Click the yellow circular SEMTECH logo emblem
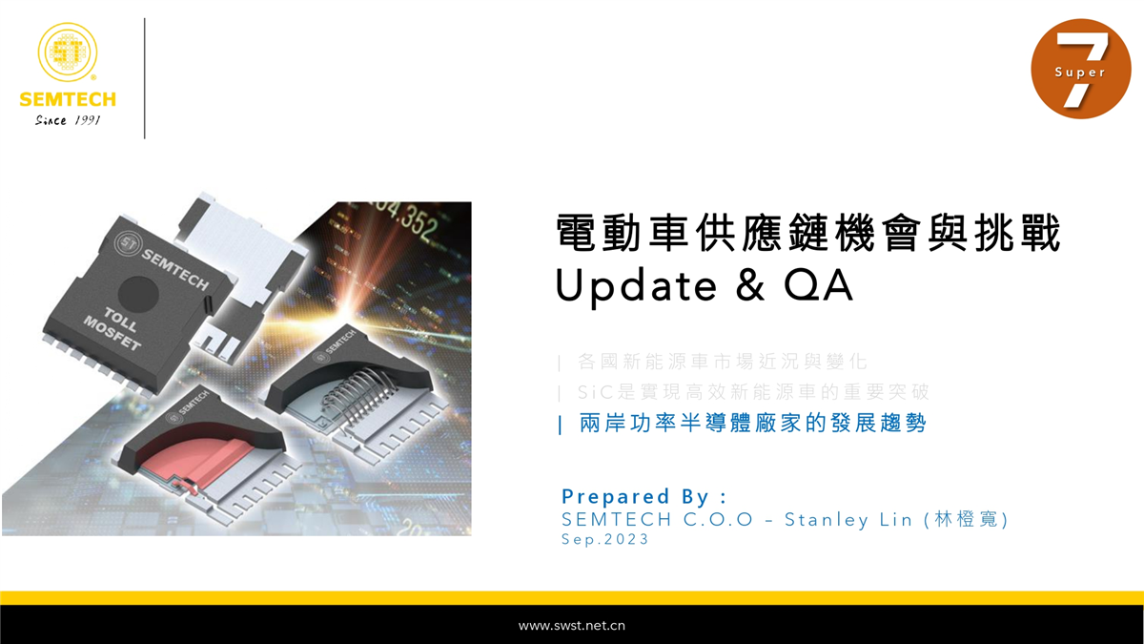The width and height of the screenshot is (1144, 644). tap(68, 52)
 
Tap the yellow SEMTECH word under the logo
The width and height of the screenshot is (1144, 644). tap(68, 99)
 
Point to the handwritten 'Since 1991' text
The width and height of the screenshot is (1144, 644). tap(68, 120)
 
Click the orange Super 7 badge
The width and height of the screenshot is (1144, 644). tap(1081, 69)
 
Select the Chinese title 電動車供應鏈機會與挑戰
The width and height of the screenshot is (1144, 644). tap(808, 233)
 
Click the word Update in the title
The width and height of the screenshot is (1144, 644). tap(637, 286)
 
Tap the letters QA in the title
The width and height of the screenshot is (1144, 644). tap(818, 285)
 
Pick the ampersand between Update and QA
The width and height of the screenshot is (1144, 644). tap(750, 285)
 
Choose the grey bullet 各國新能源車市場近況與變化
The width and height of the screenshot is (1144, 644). tap(723, 362)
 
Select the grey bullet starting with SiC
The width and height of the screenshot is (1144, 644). tap(753, 392)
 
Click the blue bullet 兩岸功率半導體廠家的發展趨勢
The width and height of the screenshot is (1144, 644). tap(752, 424)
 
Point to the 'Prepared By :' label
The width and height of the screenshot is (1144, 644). tap(643, 496)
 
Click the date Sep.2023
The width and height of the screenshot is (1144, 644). tap(604, 539)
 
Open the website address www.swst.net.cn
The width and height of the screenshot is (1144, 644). tap(571, 626)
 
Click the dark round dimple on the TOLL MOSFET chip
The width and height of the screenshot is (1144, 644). tap(138, 295)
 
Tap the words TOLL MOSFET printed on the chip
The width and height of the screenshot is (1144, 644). tap(113, 327)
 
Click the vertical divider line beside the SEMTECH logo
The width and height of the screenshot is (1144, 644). tap(145, 78)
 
